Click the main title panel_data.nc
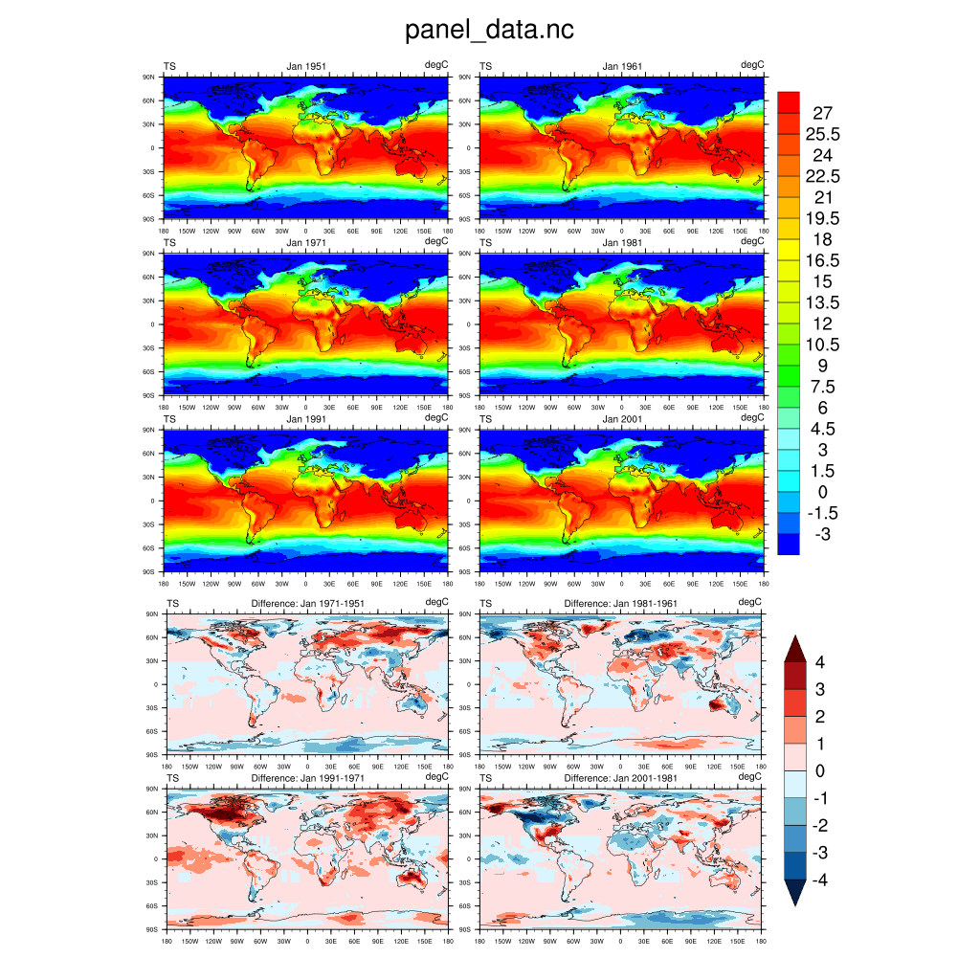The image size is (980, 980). (x=489, y=31)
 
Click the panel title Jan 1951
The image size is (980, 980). (x=306, y=66)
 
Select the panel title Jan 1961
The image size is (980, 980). (x=622, y=66)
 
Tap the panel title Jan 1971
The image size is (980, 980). (x=306, y=243)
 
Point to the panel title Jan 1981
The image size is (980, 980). (x=622, y=243)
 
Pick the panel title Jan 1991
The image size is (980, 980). (x=306, y=418)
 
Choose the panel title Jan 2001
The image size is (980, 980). (x=622, y=418)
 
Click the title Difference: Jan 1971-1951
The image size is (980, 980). (x=307, y=603)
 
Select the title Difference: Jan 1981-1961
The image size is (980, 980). (x=622, y=603)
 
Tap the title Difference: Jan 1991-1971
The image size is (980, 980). (x=307, y=778)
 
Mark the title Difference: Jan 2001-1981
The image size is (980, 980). (x=622, y=778)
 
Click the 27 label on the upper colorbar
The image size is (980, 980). (x=822, y=113)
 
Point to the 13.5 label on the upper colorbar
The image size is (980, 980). (x=822, y=302)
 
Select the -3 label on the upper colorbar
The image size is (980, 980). (x=822, y=534)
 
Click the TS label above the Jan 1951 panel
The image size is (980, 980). (x=169, y=66)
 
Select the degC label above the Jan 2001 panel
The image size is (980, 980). (x=752, y=417)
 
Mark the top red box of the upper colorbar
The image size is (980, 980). (x=788, y=101)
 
